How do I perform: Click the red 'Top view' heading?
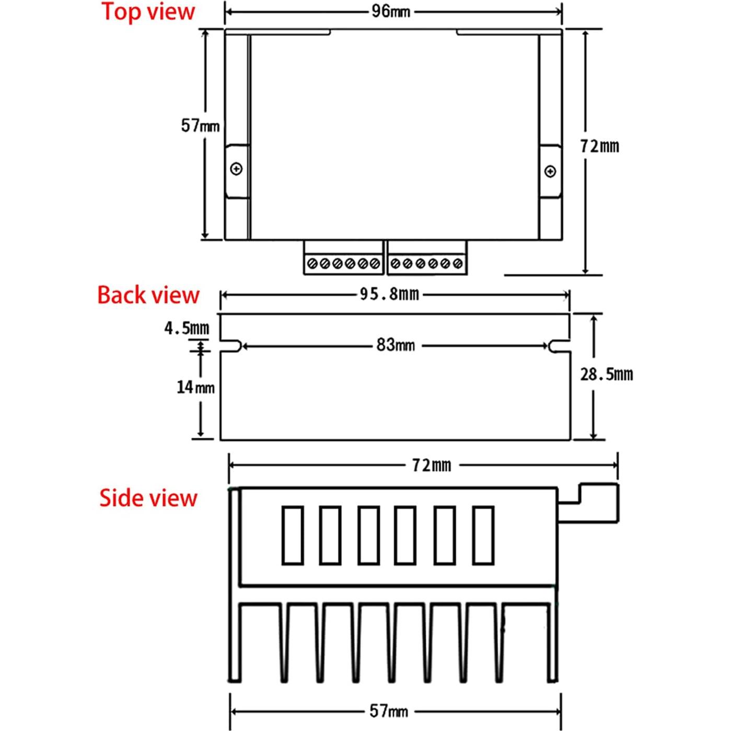click(x=148, y=12)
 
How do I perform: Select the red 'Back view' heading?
click(x=148, y=295)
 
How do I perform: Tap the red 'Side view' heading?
click(x=148, y=498)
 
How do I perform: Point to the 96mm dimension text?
click(x=391, y=12)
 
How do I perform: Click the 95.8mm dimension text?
click(x=389, y=294)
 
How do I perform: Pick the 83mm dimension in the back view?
click(x=396, y=345)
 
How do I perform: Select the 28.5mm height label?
click(x=607, y=375)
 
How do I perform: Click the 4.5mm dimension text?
click(x=187, y=328)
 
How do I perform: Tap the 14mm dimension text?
click(x=196, y=387)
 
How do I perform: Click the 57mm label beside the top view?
click(x=200, y=125)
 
